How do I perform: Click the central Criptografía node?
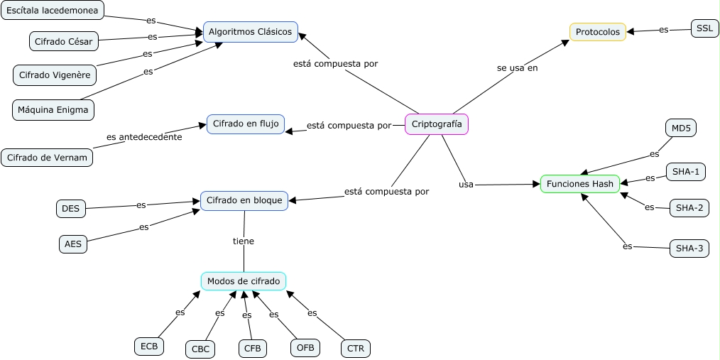[437, 124]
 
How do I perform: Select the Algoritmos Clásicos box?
[250, 32]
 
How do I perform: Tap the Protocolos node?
[597, 32]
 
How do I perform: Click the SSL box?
[704, 28]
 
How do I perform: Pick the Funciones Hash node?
[580, 184]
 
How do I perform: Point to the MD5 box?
[681, 129]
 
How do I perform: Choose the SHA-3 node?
[689, 249]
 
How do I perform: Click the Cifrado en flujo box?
[246, 124]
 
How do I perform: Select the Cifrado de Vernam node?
[47, 157]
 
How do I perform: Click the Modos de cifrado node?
[244, 281]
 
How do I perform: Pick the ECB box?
[149, 347]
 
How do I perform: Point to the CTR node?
[356, 349]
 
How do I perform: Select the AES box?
[72, 244]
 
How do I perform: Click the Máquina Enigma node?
[53, 109]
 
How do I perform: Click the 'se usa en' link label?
[517, 68]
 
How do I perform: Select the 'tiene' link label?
[244, 241]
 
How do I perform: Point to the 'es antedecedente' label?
[144, 137]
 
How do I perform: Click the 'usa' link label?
[466, 185]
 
